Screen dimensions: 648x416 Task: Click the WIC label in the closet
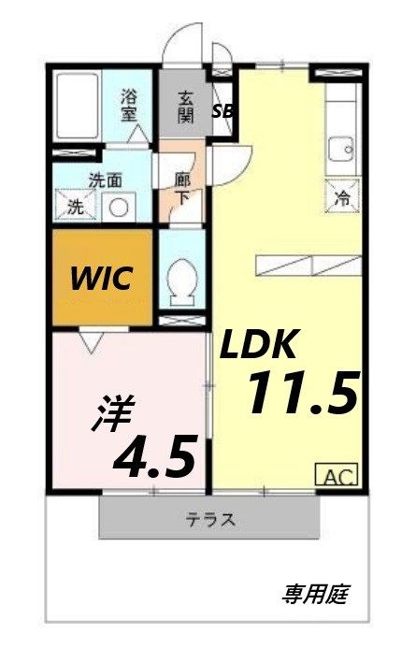[x=101, y=278]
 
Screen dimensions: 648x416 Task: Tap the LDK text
[x=259, y=346]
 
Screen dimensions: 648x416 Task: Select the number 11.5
[x=301, y=392]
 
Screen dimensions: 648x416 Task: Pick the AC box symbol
[x=341, y=475]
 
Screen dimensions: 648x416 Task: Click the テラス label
[x=210, y=521]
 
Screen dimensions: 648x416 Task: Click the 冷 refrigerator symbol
[x=342, y=196]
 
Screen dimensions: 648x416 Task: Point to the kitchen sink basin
[x=341, y=149]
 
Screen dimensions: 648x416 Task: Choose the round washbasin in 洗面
[x=119, y=208]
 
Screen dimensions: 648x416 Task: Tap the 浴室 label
[x=131, y=103]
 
